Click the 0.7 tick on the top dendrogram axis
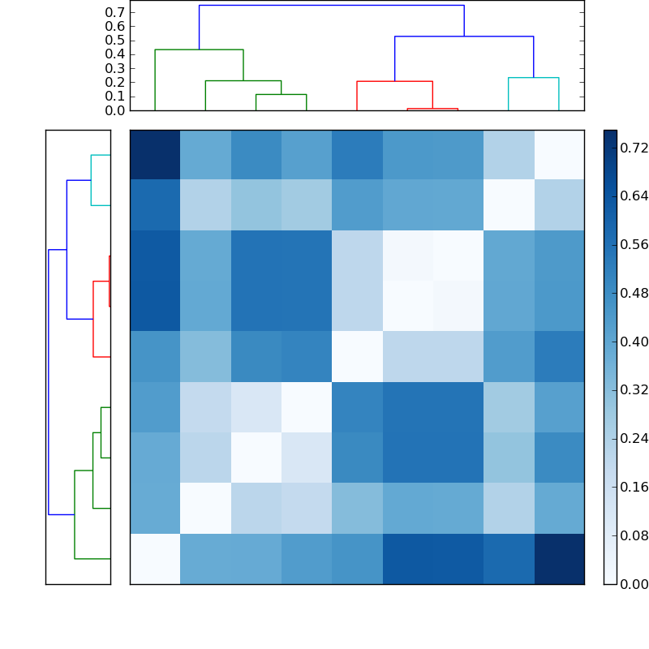point(115,13)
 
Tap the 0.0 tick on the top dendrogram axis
point(115,110)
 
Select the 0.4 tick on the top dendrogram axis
point(115,54)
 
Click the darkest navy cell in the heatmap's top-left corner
point(155,155)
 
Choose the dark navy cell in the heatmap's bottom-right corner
point(559,559)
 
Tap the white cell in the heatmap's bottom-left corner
point(155,559)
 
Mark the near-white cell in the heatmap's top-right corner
point(559,155)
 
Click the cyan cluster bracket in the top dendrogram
point(533,78)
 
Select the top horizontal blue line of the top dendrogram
point(331,6)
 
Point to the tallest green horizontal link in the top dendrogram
point(199,50)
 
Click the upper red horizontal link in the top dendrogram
point(394,82)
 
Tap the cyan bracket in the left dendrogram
point(92,180)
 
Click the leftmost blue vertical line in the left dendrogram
point(49,381)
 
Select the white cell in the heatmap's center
point(357,357)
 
